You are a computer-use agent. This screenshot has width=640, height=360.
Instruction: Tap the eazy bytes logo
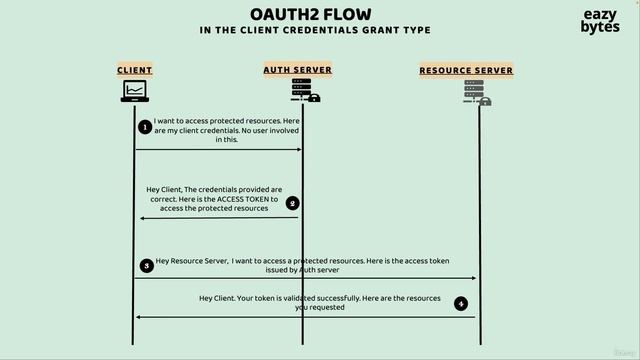pos(600,22)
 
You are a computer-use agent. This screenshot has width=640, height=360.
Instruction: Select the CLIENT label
pos(135,70)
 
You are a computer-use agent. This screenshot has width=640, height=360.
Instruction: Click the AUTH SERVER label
pos(298,70)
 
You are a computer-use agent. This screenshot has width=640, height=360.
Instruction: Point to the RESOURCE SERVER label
pos(466,71)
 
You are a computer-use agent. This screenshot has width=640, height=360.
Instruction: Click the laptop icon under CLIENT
pos(135,91)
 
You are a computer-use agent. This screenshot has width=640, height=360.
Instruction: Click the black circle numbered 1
pos(145,127)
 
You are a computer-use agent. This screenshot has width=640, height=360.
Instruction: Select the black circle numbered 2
pos(293,203)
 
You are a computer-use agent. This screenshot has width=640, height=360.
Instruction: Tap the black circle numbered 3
pos(147,265)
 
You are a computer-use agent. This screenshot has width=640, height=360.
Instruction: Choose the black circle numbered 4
pos(460,303)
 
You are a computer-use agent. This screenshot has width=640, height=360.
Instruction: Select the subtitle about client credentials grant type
pos(315,30)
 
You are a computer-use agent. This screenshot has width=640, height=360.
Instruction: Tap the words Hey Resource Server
pos(192,261)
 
